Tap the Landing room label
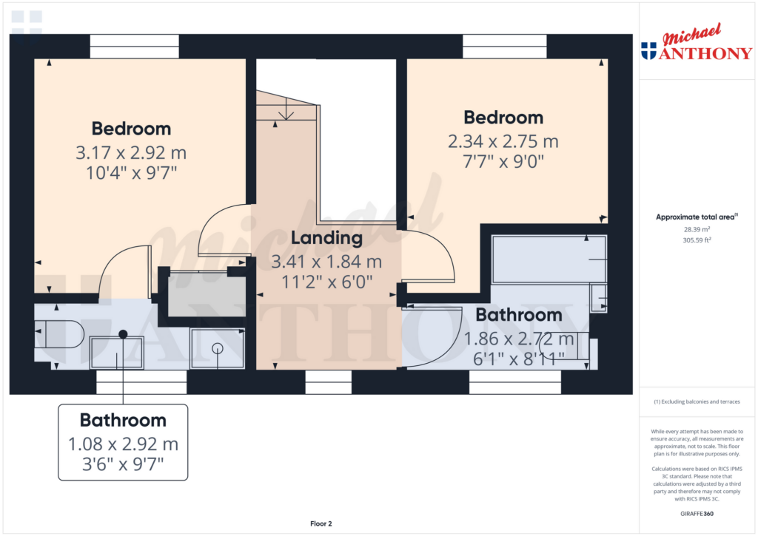click(x=326, y=238)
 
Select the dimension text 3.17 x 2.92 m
click(x=131, y=154)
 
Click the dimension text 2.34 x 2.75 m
click(x=503, y=141)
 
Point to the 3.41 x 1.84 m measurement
click(x=326, y=262)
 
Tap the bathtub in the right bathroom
click(x=549, y=259)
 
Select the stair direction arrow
click(x=286, y=113)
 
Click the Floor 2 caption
click(x=321, y=523)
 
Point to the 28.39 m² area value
click(x=696, y=229)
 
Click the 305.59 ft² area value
click(x=696, y=240)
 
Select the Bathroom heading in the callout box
click(x=123, y=421)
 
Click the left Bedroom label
click(x=131, y=129)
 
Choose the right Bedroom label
click(x=503, y=118)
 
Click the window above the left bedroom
click(x=135, y=46)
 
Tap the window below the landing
click(x=328, y=382)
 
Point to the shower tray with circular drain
click(x=217, y=347)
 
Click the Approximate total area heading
click(x=696, y=217)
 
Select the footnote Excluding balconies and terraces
click(x=696, y=401)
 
